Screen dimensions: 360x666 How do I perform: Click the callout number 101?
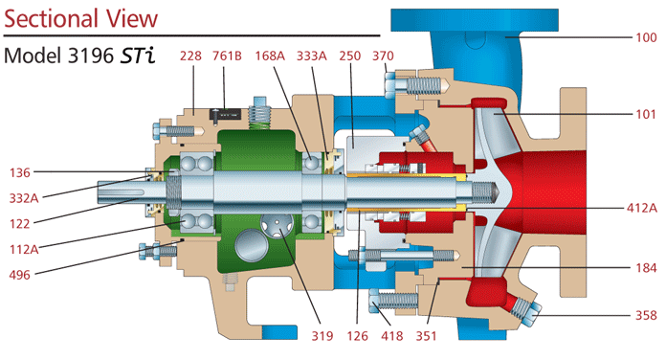click(x=647, y=113)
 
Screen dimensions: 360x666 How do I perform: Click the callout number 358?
click(x=647, y=315)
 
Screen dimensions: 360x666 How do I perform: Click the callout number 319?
click(x=322, y=336)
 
